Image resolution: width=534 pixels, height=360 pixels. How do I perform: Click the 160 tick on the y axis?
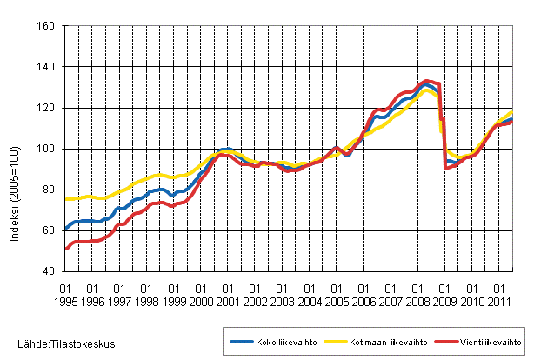coord(48,26)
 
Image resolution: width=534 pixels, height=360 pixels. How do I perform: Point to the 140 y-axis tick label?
coord(48,67)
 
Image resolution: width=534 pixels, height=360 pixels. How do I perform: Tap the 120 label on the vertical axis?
coord(48,108)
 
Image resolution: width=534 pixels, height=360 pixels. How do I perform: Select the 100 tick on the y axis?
coord(48,149)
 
